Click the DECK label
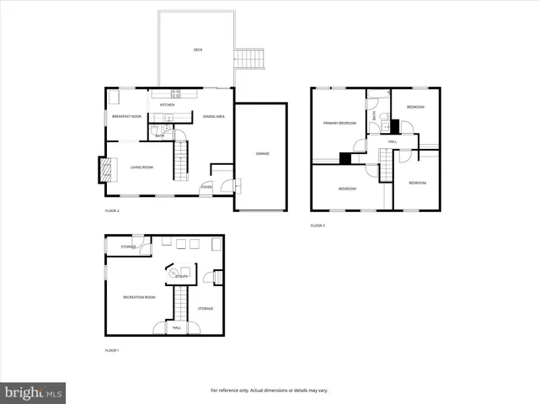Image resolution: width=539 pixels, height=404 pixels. click(198, 50)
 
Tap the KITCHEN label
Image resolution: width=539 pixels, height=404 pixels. click(168, 104)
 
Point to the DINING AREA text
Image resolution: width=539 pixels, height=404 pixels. click(213, 116)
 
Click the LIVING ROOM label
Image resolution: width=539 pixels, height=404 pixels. click(141, 167)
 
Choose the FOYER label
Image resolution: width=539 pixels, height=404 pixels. click(205, 187)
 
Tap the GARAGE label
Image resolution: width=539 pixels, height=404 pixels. click(263, 153)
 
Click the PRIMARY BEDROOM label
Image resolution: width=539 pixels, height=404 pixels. click(340, 123)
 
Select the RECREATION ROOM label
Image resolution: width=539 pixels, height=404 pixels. click(139, 297)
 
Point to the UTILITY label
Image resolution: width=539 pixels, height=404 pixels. click(181, 275)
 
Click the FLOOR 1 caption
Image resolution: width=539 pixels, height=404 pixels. click(112, 349)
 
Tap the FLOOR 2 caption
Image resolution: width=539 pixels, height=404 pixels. click(112, 210)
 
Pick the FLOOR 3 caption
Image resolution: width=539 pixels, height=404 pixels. click(318, 226)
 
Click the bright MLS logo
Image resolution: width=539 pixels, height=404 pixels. click(34, 392)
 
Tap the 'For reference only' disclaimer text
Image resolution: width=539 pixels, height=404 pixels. click(269, 391)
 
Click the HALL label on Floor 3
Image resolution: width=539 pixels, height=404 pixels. click(392, 141)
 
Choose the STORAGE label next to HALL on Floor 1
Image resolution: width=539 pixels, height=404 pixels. click(205, 309)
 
